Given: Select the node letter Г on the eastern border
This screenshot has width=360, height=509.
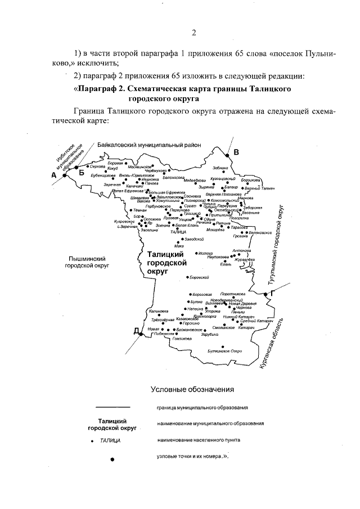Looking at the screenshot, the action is (x=272, y=294).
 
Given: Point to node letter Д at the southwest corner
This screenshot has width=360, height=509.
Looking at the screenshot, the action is (x=136, y=331).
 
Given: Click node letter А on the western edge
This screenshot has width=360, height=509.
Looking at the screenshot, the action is (x=55, y=175).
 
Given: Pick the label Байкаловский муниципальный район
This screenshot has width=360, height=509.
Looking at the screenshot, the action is (x=149, y=145).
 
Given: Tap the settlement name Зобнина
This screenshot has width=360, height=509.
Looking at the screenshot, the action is (x=221, y=168).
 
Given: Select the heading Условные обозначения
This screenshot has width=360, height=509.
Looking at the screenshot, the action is (x=192, y=389).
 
